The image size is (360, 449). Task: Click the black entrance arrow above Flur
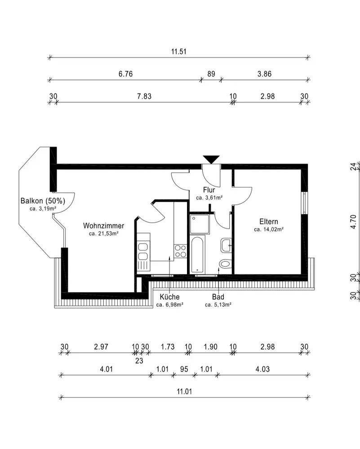coord(211,159)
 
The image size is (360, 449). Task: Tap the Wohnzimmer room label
coord(103,226)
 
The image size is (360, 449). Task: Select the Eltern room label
coord(269,221)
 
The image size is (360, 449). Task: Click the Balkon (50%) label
coord(43,201)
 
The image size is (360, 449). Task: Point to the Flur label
coord(209,190)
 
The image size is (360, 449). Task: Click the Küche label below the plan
coord(170,297)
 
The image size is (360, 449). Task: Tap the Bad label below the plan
coord(218,297)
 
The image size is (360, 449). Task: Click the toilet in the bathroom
coord(225,263)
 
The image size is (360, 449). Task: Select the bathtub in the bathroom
coord(197,255)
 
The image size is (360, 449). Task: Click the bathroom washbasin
coord(226,246)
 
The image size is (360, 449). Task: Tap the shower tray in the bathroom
coord(200,224)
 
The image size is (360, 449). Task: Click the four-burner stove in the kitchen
coord(181,251)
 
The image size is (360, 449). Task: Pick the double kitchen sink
coord(143,251)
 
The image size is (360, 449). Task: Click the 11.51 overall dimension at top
coord(179,52)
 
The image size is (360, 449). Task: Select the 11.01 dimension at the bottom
coord(184,392)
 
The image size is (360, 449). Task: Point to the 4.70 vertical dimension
coord(353,222)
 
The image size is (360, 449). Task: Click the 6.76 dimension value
coord(125,74)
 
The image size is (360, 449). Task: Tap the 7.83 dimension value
coord(144,96)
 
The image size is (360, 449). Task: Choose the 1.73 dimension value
coord(168,347)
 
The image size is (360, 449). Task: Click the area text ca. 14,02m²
coord(269,229)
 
